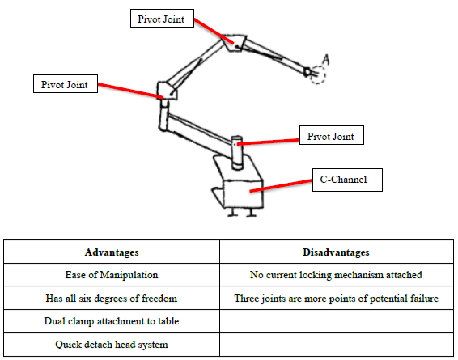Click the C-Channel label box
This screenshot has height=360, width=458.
(347, 180)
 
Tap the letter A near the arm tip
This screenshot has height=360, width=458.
(326, 60)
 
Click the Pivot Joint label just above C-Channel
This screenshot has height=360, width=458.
(332, 135)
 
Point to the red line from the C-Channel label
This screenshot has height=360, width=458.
(281, 186)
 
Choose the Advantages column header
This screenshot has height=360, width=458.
(112, 252)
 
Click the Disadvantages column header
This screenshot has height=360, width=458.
(336, 252)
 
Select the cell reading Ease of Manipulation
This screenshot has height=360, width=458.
(112, 275)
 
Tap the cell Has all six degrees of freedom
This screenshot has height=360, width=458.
(112, 298)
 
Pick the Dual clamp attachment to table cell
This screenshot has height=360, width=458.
(112, 321)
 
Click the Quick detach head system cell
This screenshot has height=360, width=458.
(112, 345)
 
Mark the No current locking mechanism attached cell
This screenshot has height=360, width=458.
(336, 275)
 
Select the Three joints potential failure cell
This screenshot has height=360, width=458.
(336, 298)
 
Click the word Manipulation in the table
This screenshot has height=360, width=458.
(129, 275)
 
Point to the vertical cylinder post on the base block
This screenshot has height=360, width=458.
(237, 153)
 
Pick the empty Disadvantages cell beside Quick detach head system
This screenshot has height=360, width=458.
(337, 345)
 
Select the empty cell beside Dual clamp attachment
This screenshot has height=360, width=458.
(337, 321)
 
